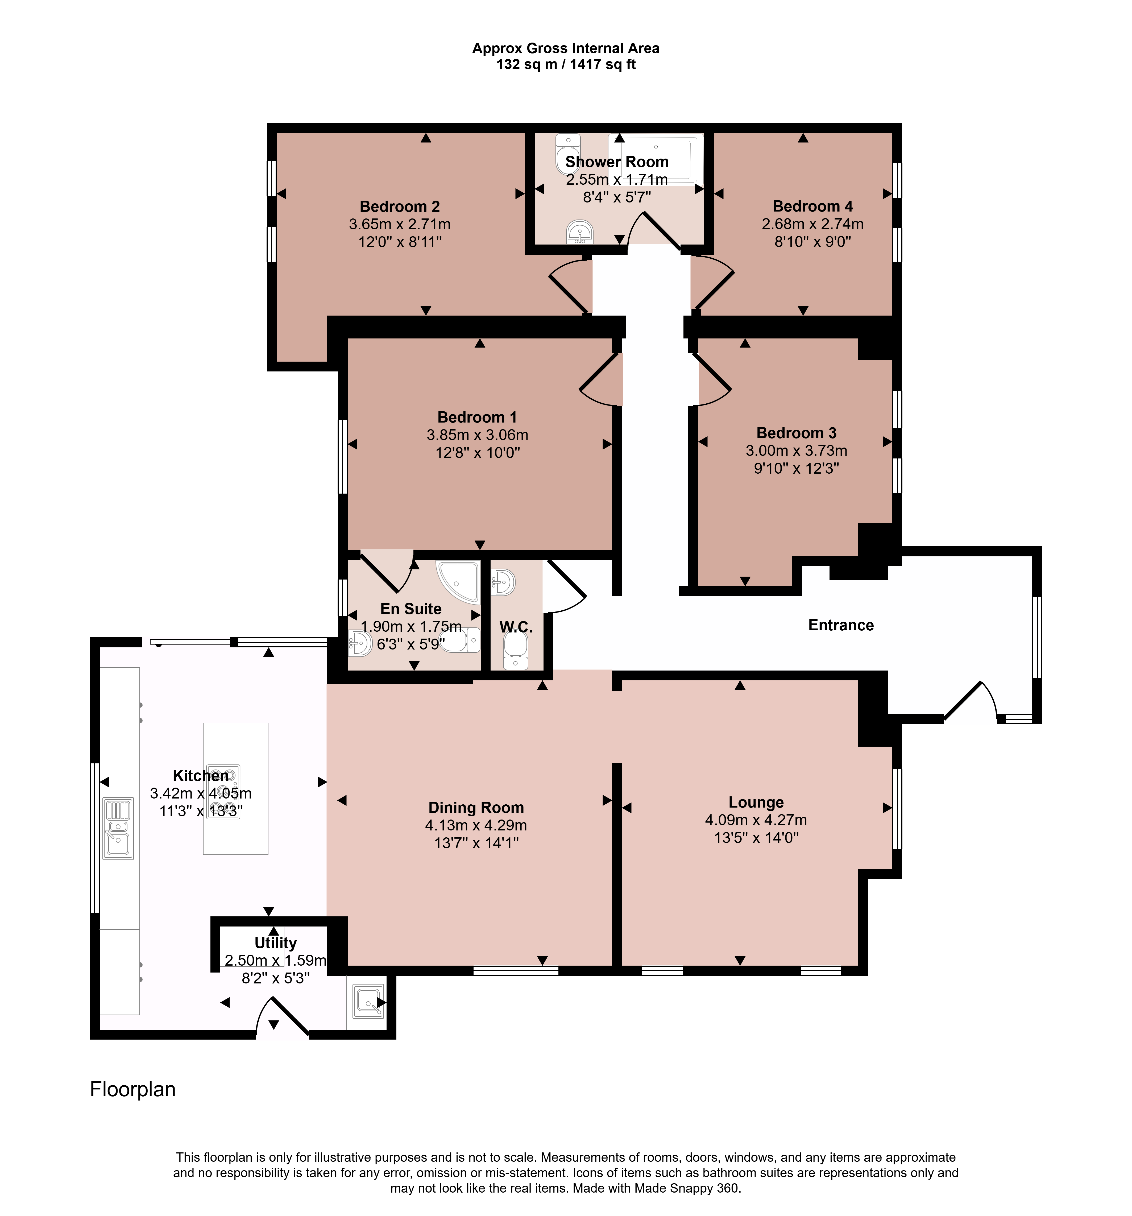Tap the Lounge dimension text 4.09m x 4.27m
coord(756,820)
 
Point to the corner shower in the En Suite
coord(459,580)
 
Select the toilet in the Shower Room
coord(567,154)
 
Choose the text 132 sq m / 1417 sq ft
coord(566,64)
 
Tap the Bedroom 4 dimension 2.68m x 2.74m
coord(812,224)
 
